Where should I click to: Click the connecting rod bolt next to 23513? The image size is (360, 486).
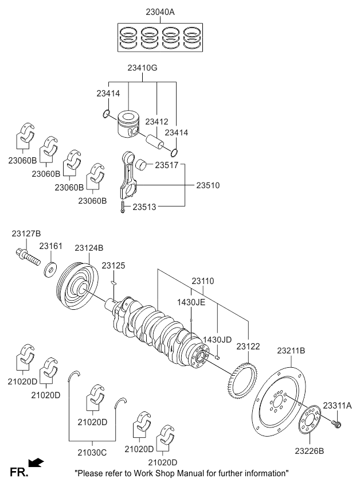click(122, 207)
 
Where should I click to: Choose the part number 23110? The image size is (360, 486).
click(203, 281)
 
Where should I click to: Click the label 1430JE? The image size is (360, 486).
click(191, 302)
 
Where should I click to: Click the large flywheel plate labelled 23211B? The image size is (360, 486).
click(279, 401)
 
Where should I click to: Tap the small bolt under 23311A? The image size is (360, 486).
click(337, 425)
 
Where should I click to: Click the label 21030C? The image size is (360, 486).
click(93, 452)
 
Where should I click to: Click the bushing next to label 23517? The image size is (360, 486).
click(144, 165)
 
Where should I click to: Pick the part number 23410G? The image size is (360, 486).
click(142, 68)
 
